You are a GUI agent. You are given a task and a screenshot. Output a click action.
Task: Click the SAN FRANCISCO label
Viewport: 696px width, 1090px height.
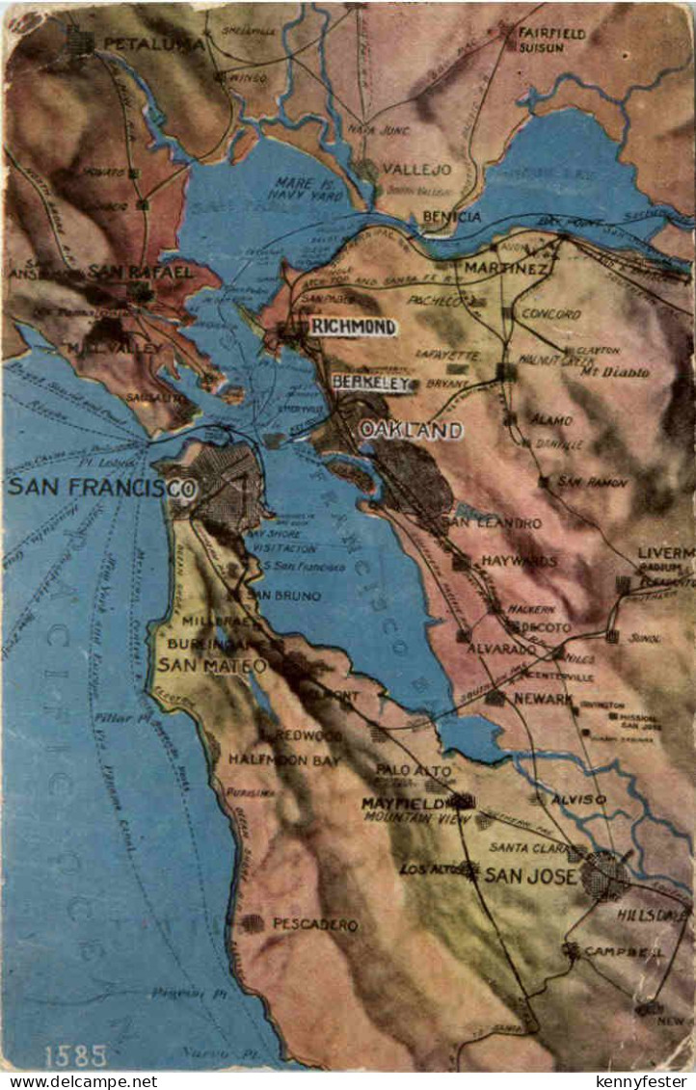pos(101,487)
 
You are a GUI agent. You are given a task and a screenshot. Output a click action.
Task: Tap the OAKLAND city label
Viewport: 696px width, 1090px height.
pos(411,430)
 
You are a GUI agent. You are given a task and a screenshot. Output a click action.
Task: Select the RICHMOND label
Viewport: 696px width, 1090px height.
pos(353,328)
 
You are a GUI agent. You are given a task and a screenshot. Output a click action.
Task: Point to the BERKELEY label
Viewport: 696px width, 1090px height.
pos(372,383)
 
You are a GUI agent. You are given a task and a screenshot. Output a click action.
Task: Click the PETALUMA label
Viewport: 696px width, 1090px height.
pos(153,43)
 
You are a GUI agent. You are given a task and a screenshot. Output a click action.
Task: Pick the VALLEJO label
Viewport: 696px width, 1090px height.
pos(416,169)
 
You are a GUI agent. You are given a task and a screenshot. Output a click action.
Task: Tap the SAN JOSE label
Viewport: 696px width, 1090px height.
pos(529,875)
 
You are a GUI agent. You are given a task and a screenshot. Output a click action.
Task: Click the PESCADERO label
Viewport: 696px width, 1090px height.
pos(315,924)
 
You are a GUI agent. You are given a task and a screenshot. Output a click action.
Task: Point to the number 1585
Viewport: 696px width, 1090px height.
pos(75,1055)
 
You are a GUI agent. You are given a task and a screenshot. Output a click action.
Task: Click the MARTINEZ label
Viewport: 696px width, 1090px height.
pos(506,267)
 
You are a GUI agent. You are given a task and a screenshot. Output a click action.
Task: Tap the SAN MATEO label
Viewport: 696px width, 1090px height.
pos(212,665)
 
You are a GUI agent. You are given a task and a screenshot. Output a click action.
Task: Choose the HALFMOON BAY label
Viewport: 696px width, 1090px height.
pos(283,759)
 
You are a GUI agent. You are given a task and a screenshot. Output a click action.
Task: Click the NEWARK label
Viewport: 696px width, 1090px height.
pos(543,698)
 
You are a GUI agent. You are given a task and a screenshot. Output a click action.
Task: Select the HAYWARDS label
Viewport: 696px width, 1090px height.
pos(520,560)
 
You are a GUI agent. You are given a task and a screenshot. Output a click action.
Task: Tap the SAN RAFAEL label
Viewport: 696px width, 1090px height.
pos(140,272)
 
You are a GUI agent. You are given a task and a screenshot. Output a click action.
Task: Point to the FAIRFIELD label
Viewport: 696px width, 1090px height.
pos(551,32)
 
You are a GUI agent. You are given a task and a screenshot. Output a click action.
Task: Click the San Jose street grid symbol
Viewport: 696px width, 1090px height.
pos(605,875)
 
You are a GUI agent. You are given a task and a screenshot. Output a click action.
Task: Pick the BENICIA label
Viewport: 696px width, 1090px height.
pos(451,217)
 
